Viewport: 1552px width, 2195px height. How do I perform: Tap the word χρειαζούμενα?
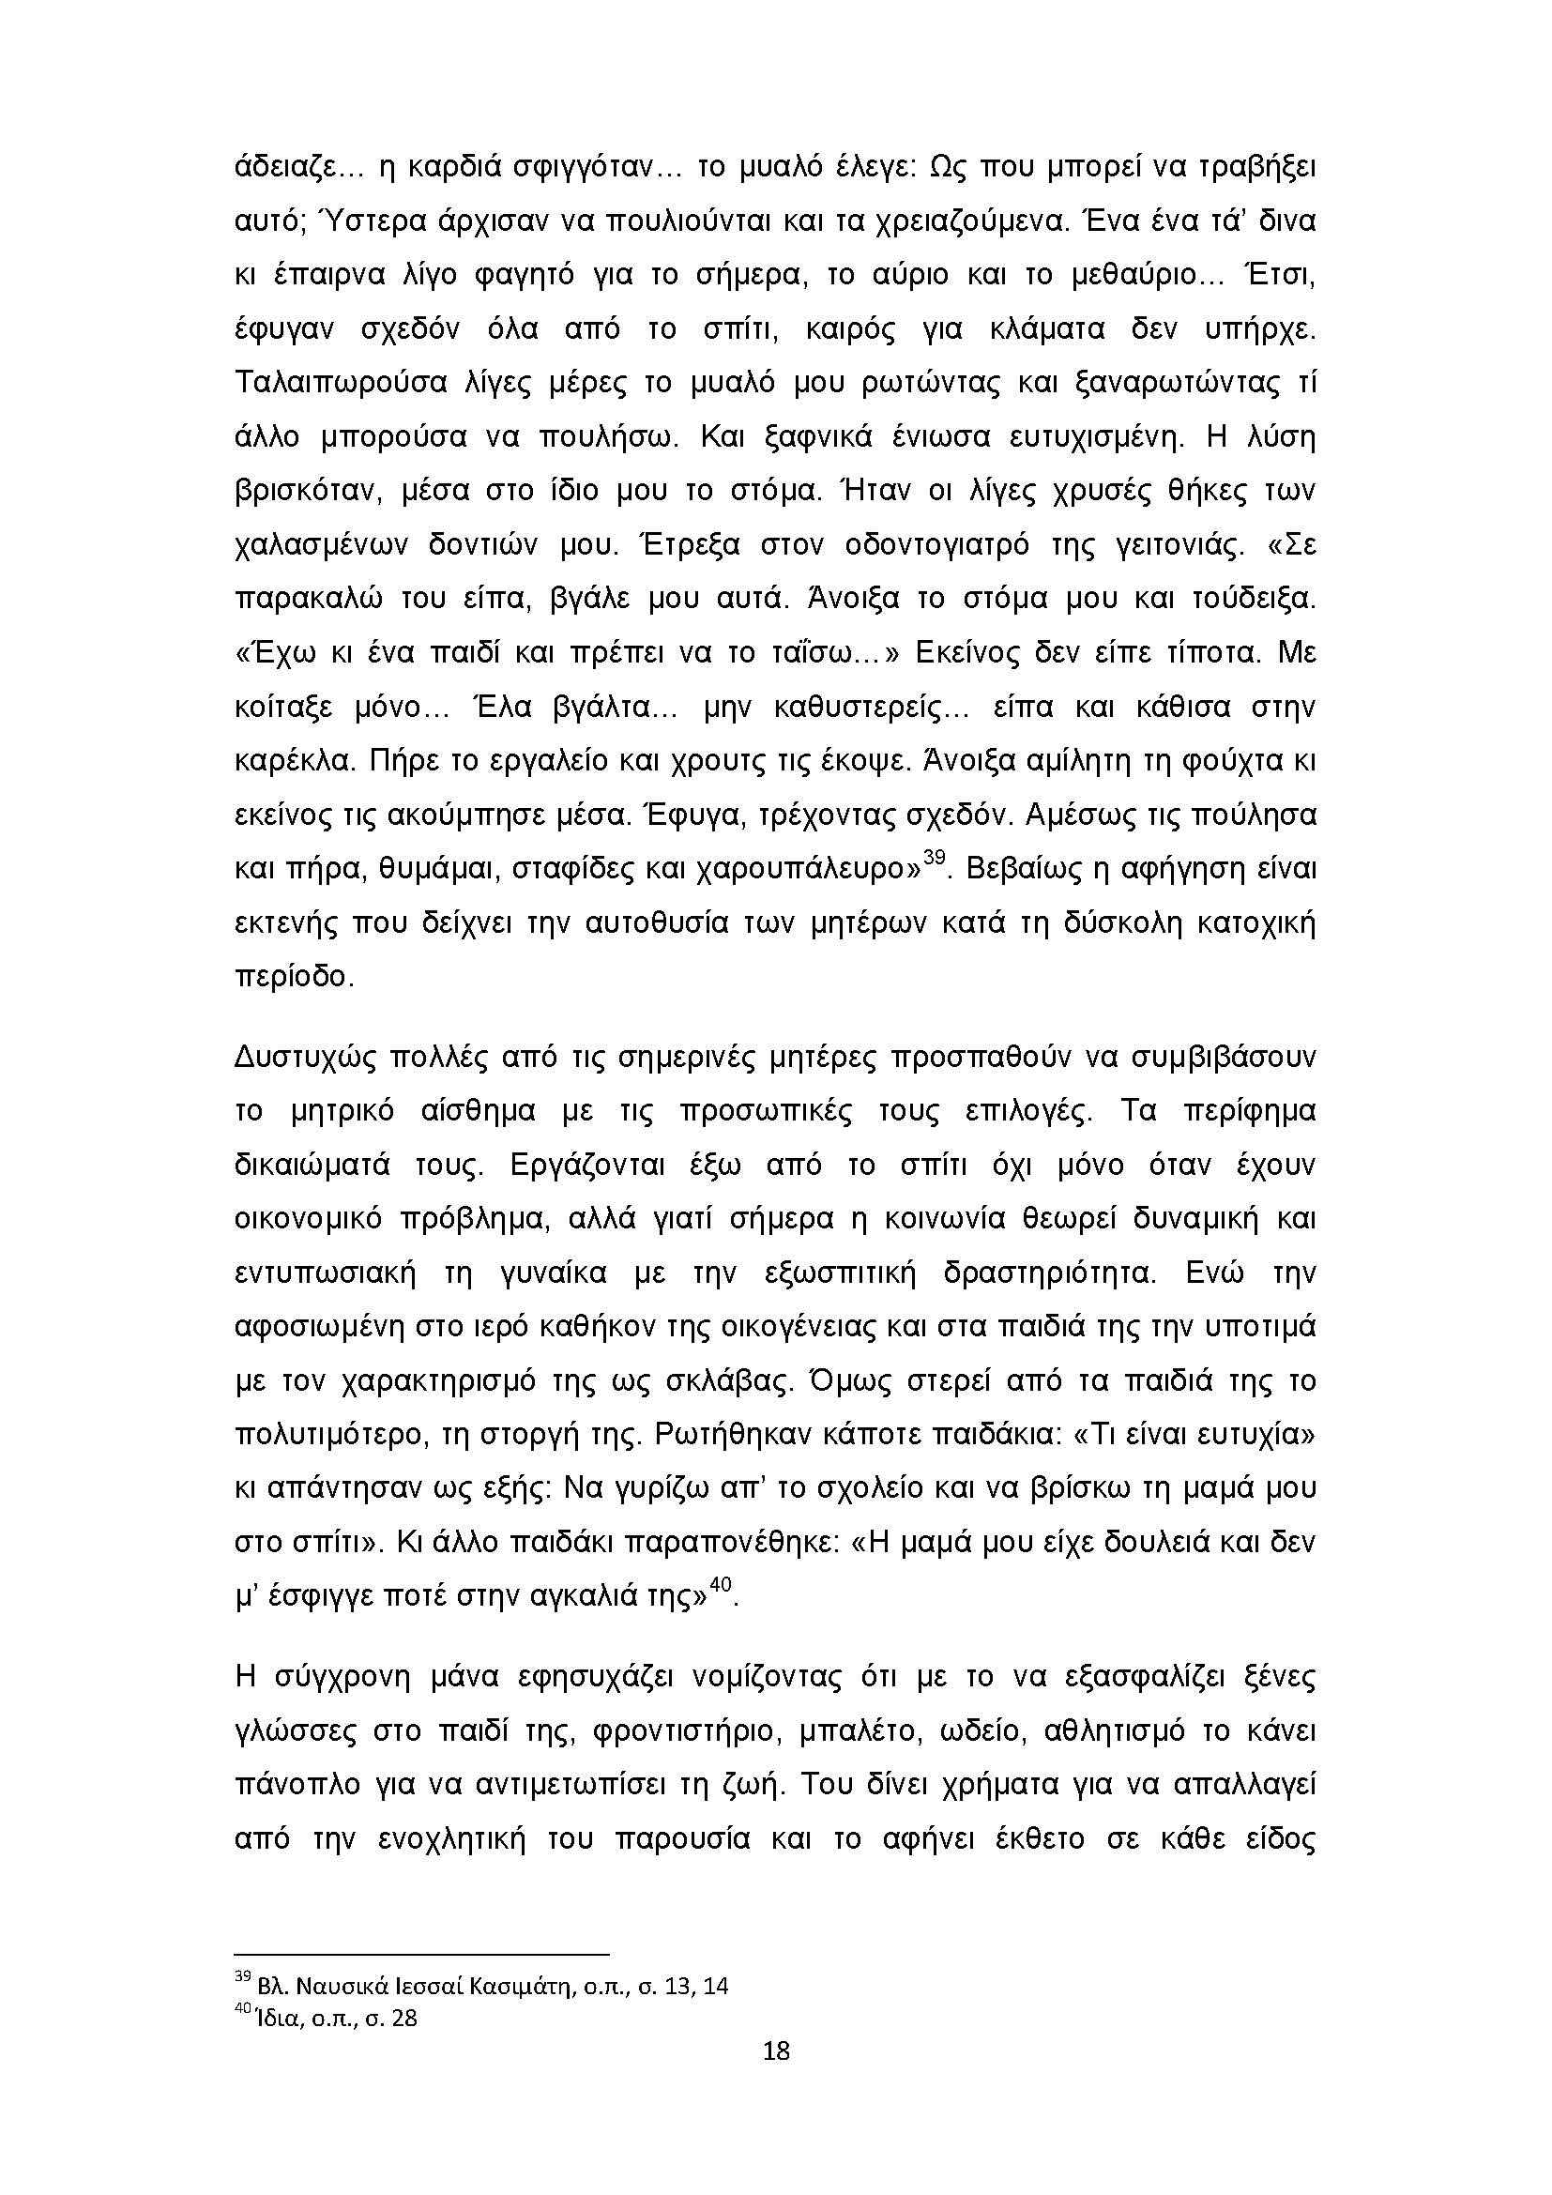(x=968, y=221)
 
